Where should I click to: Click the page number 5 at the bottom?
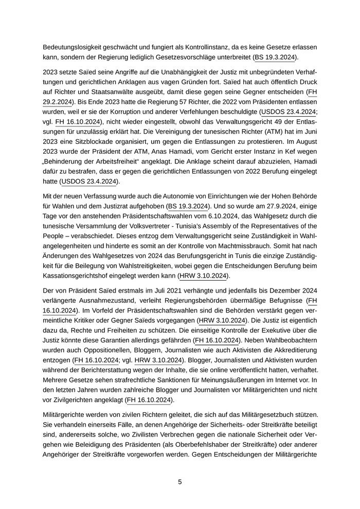[180, 482]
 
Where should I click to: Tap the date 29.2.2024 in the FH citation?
[58, 102]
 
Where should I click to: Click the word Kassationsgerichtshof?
[80, 276]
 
